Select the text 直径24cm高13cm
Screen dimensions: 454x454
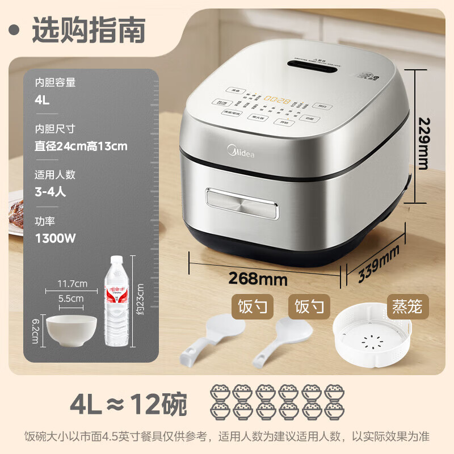81,146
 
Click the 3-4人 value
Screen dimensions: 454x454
50,191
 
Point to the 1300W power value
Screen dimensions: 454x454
55,238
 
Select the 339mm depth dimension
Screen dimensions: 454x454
380,266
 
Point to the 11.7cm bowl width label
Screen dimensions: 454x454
72,283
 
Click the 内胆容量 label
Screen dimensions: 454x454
55,82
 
